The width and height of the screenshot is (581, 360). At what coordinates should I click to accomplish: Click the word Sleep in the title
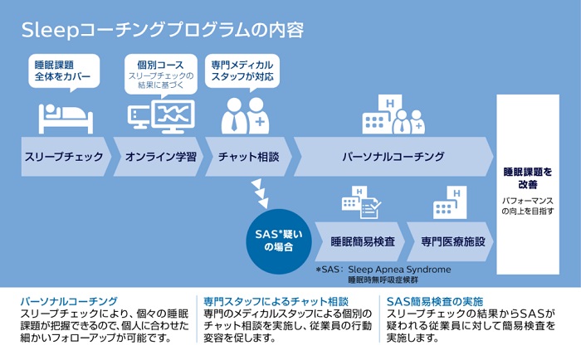click(50, 31)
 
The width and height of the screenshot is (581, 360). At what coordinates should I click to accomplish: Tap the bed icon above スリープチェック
click(66, 119)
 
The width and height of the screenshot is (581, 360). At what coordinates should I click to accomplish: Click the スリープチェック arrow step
click(66, 157)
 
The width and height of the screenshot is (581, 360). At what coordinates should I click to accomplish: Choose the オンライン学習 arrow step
click(159, 157)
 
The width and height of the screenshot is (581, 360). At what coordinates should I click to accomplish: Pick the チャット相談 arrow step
click(248, 157)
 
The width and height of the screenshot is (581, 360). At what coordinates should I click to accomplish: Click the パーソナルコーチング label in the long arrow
click(393, 157)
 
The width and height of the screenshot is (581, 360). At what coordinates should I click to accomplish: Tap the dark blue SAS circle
click(279, 241)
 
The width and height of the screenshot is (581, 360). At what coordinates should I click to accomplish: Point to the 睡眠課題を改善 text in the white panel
click(528, 178)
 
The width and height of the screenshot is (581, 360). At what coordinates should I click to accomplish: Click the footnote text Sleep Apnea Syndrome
click(399, 270)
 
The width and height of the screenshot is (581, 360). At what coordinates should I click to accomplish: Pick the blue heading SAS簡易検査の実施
click(435, 302)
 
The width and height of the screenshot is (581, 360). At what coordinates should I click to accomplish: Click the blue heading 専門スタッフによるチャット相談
click(276, 302)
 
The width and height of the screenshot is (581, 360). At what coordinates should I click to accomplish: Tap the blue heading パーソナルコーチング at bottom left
click(69, 301)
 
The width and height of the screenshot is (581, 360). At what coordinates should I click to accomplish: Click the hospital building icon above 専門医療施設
click(450, 202)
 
